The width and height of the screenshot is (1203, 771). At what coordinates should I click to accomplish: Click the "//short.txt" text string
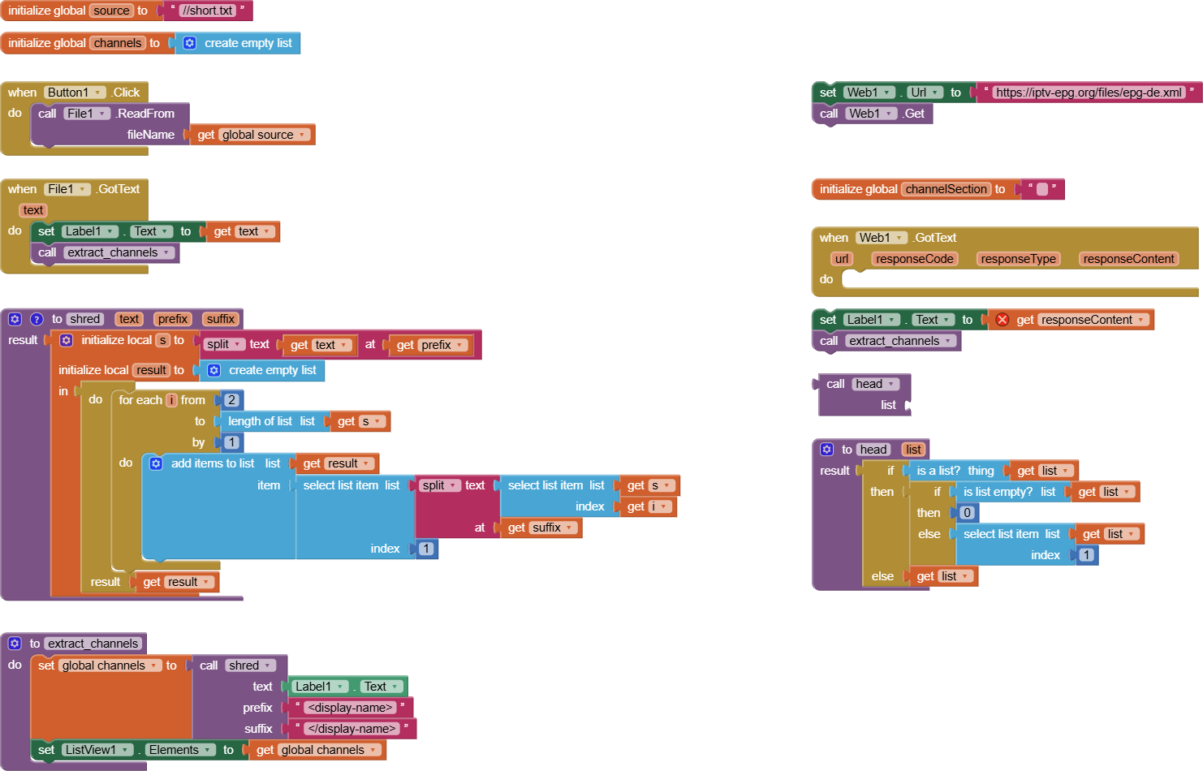[x=207, y=11]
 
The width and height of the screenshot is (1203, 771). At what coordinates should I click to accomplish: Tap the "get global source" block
[x=252, y=135]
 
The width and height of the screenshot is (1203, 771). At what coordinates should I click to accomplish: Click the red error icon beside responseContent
[x=1003, y=320]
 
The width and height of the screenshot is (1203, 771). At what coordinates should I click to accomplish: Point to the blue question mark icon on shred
[x=37, y=319]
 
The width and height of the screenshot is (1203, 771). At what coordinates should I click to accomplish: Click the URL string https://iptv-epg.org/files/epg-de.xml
[x=1089, y=93]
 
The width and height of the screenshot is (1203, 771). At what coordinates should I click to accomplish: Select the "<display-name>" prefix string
[x=350, y=708]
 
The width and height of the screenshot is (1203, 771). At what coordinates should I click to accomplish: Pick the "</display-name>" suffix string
[x=351, y=729]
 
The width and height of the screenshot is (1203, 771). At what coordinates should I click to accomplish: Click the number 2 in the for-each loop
[x=231, y=400]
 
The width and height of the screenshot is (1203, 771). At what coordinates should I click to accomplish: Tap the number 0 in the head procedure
[x=967, y=513]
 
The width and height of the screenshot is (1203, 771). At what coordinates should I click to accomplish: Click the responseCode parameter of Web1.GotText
[x=914, y=259]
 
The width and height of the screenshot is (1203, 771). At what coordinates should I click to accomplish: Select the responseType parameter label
[x=1018, y=259]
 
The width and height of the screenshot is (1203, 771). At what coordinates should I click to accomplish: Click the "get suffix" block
[x=541, y=528]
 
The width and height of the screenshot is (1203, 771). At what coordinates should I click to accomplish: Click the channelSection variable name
[x=946, y=189]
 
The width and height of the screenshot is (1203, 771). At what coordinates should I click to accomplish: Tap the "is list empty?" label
[x=998, y=492]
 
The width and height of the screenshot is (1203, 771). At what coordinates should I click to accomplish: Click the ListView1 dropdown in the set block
[x=97, y=750]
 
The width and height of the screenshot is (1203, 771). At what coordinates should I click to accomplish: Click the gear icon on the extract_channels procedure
[x=15, y=644]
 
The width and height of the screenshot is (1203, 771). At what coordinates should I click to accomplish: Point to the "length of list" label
[x=260, y=421]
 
